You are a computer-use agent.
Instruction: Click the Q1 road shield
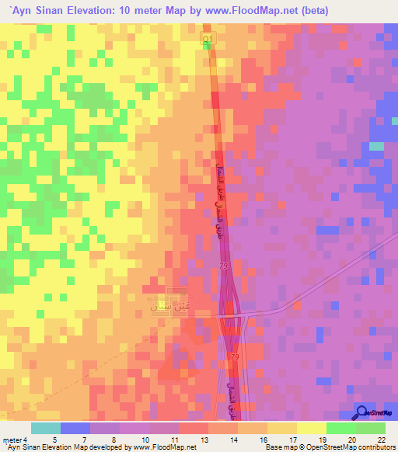[207, 38]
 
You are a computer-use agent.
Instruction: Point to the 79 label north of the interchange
[224, 267]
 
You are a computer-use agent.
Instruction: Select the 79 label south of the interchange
[234, 356]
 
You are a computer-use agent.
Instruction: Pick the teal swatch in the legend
[46, 428]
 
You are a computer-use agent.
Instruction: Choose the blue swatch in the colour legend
[75, 428]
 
